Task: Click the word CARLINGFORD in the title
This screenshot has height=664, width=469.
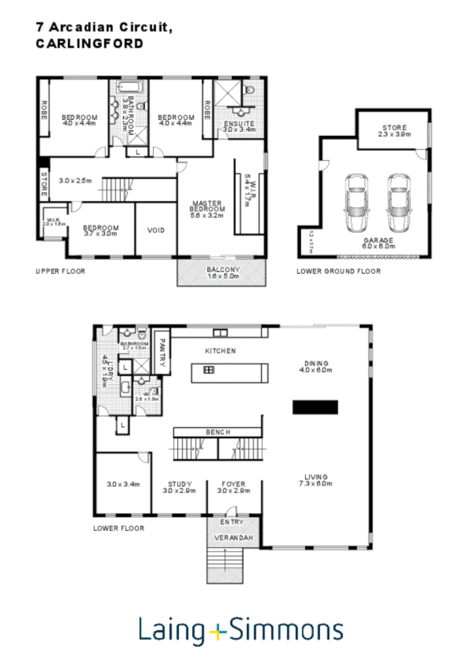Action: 89,45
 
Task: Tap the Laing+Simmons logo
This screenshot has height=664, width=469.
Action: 241,630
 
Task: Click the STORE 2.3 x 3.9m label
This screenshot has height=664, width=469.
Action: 394,130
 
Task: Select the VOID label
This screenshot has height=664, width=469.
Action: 156,230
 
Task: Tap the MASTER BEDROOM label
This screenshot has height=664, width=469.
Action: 209,209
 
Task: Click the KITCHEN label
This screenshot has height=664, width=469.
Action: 220,351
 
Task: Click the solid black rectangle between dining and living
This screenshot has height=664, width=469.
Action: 315,407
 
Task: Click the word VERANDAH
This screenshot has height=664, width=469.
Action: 232,538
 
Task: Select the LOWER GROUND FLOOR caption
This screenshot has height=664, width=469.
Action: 338,271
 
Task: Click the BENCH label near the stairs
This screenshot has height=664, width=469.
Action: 216,432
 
